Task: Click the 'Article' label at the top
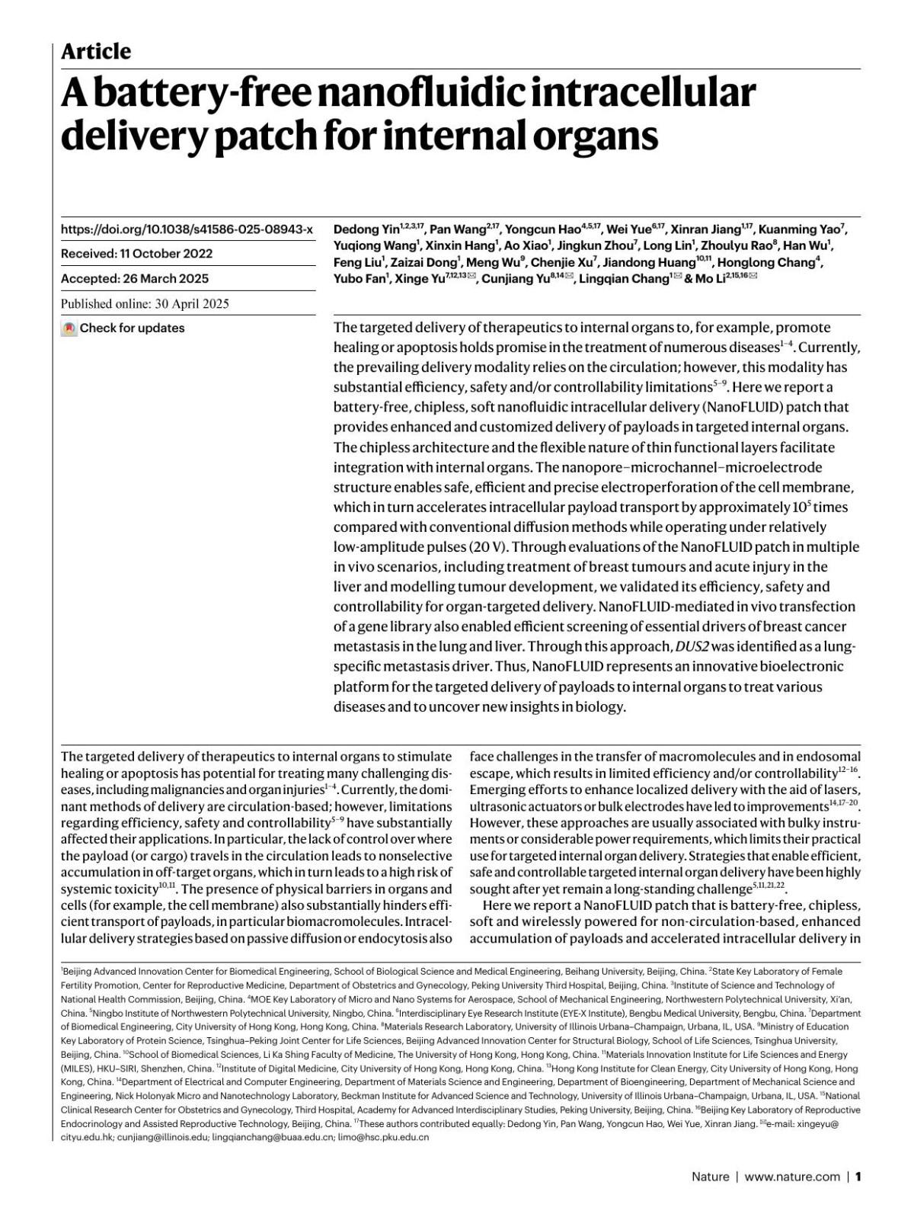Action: pyautogui.click(x=96, y=51)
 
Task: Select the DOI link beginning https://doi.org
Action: pyautogui.click(x=187, y=229)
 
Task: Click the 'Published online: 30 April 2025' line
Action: pyautogui.click(x=145, y=304)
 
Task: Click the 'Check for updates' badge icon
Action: pyautogui.click(x=69, y=328)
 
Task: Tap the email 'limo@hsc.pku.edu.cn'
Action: pyautogui.click(x=383, y=1137)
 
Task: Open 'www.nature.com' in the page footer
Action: pyautogui.click(x=792, y=1177)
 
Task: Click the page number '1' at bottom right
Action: pyautogui.click(x=858, y=1177)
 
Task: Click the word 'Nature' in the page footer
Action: pyautogui.click(x=710, y=1177)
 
